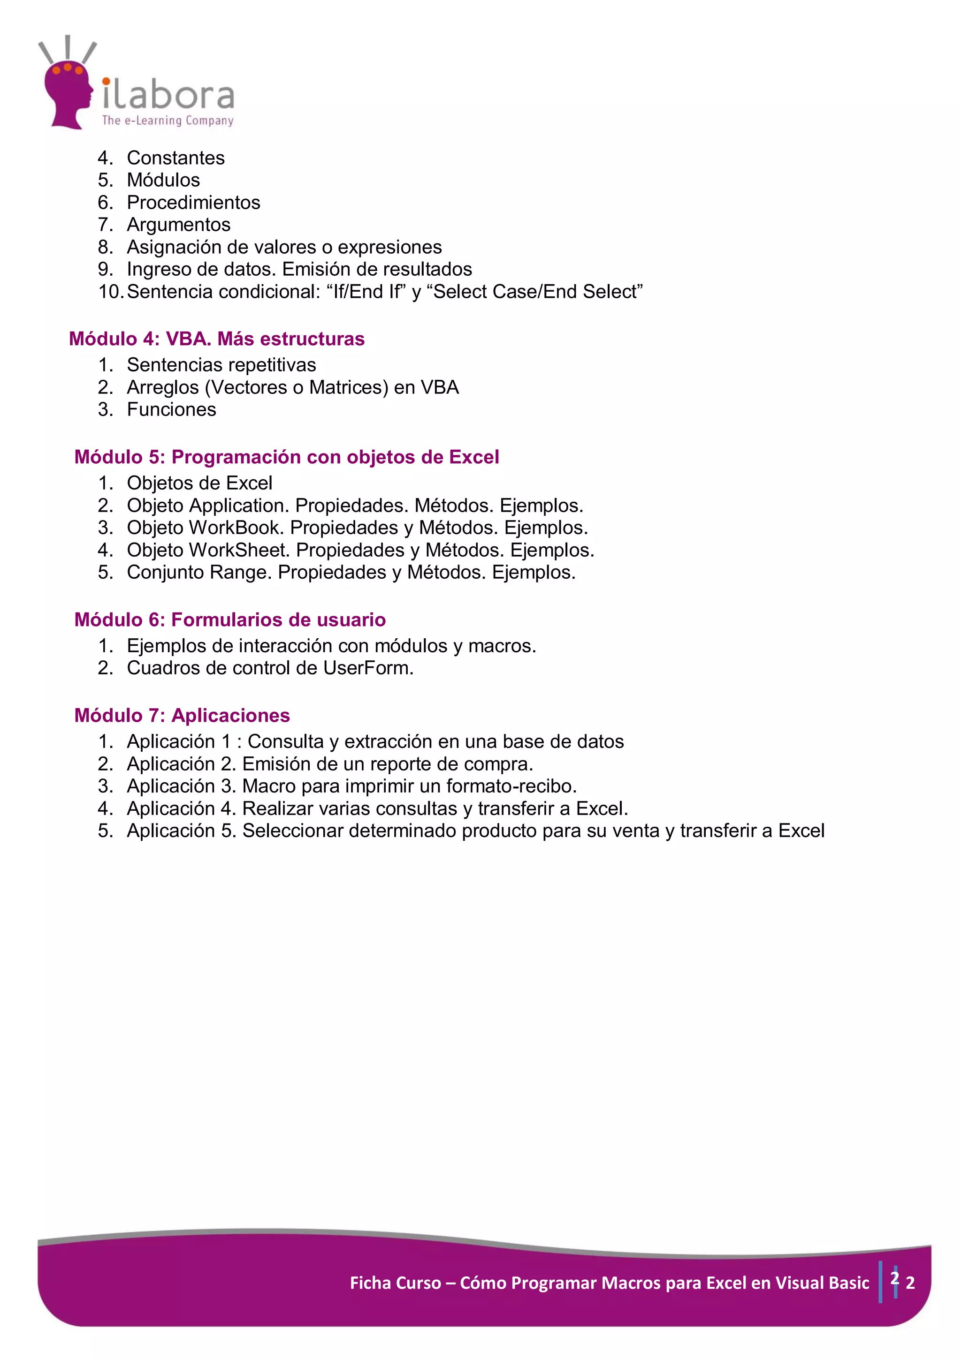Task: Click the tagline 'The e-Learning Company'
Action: (168, 121)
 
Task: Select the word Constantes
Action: (176, 158)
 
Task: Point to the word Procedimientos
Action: (194, 203)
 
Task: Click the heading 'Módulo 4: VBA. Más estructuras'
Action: (217, 339)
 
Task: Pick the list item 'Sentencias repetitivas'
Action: (221, 365)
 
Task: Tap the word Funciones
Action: (172, 409)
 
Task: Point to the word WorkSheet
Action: (237, 551)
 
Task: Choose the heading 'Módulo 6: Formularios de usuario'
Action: (230, 620)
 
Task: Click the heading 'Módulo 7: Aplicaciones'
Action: (182, 716)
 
